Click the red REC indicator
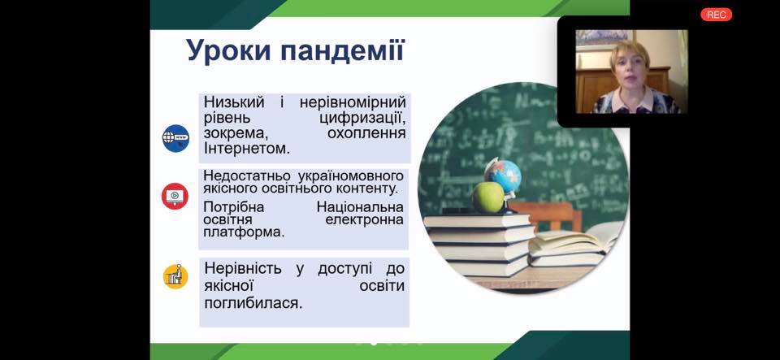[x=717, y=15]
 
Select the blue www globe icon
[x=175, y=138]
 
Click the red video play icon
[x=175, y=196]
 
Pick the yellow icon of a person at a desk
[x=175, y=276]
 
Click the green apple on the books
[x=488, y=197]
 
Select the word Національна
[x=360, y=207]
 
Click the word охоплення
[x=366, y=134]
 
